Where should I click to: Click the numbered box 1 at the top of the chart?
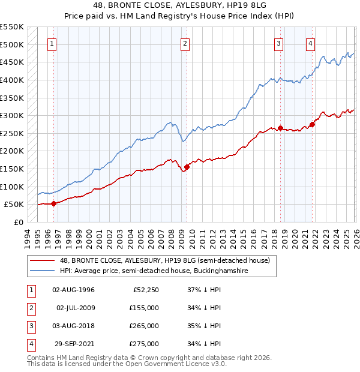[53, 43]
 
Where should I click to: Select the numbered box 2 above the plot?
[185, 43]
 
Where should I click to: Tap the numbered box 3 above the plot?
[279, 43]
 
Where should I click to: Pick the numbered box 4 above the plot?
[310, 43]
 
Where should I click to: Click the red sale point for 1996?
[54, 203]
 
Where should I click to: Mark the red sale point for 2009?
[187, 167]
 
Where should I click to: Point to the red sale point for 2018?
[280, 128]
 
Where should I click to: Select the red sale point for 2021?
[312, 124]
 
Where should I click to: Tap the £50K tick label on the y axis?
[14, 204]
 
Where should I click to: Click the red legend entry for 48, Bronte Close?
[165, 260]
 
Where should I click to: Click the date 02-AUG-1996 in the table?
[73, 290]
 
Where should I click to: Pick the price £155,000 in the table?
[144, 308]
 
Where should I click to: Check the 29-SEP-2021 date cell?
[73, 344]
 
